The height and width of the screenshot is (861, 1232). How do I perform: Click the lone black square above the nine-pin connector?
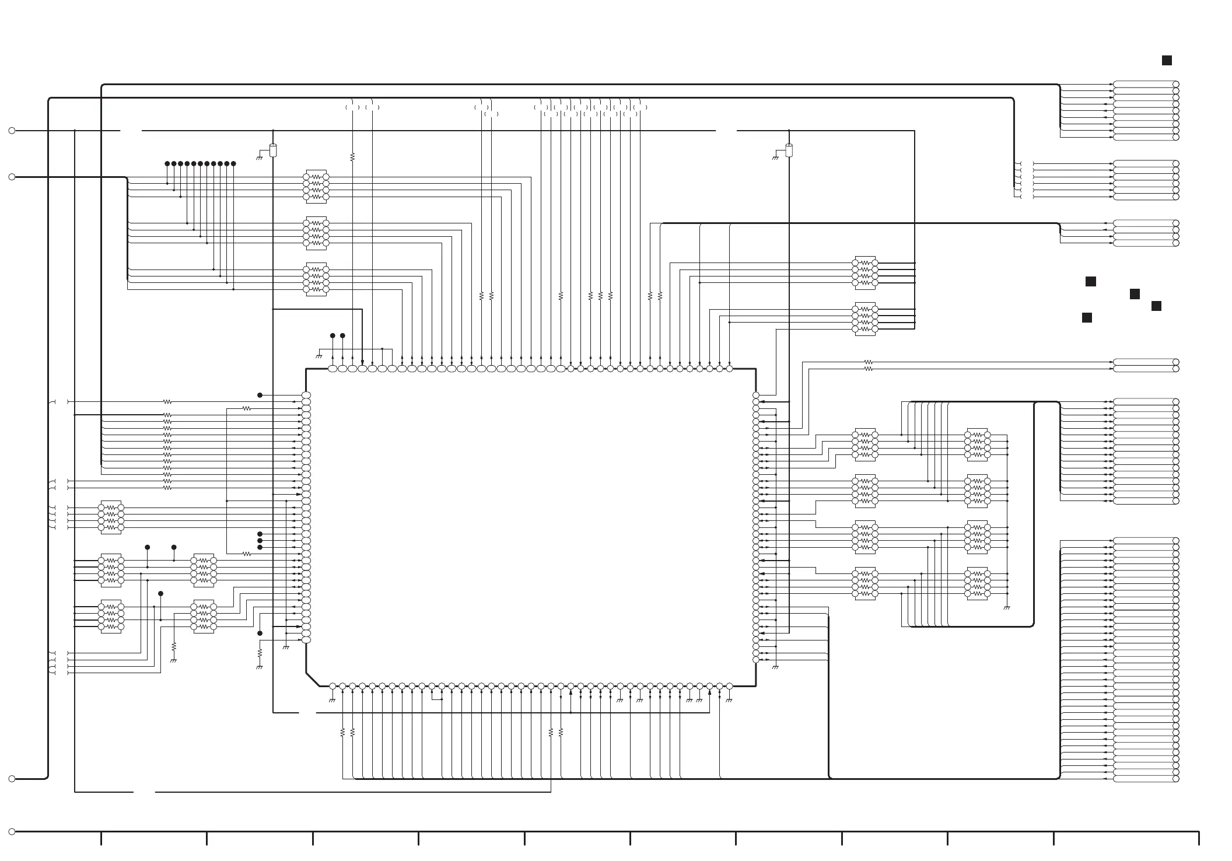tap(1167, 61)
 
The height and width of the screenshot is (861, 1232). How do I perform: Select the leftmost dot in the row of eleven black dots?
tap(167, 164)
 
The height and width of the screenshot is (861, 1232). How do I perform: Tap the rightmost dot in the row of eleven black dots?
tap(233, 164)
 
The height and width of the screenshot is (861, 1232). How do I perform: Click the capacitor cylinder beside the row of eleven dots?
tap(272, 150)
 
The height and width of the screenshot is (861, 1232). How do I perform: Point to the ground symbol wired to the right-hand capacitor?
tap(775, 157)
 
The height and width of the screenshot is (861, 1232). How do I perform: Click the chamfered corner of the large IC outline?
tap(313, 680)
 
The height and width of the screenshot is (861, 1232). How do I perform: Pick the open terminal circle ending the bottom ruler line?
tap(12, 831)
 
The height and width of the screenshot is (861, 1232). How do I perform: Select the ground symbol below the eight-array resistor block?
tap(1006, 608)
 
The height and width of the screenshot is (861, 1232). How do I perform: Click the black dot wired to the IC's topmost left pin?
tap(260, 395)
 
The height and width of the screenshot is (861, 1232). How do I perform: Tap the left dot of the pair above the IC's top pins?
tap(332, 336)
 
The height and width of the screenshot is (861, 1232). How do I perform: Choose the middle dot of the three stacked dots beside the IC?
tap(260, 541)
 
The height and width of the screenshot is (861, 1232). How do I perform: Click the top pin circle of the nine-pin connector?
tap(1176, 85)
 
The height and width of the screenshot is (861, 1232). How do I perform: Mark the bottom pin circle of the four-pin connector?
tap(1176, 243)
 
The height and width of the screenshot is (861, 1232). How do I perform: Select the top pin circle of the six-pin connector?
tap(1176, 164)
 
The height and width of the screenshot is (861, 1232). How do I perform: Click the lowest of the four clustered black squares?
tap(1087, 318)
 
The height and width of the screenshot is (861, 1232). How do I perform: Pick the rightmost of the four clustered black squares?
tap(1156, 306)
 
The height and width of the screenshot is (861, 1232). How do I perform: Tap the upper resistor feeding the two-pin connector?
tap(868, 362)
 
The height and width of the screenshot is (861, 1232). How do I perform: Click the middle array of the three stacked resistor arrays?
tap(316, 233)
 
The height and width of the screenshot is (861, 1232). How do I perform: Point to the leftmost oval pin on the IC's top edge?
tap(332, 369)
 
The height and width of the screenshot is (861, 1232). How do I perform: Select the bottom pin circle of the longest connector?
tap(1176, 779)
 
